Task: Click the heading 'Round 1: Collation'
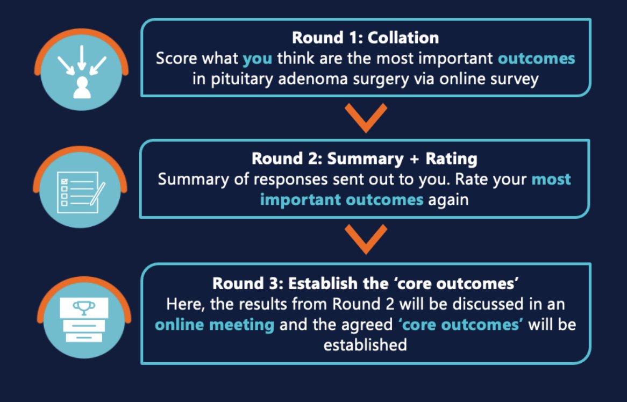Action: tap(365, 38)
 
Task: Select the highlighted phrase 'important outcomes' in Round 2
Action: tap(341, 199)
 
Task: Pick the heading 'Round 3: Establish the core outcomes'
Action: tap(365, 283)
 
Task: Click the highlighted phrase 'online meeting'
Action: tap(215, 325)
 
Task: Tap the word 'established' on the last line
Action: tap(365, 344)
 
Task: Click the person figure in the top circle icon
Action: tap(82, 87)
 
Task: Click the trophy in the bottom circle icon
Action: tap(83, 306)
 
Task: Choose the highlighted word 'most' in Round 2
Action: tap(551, 179)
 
